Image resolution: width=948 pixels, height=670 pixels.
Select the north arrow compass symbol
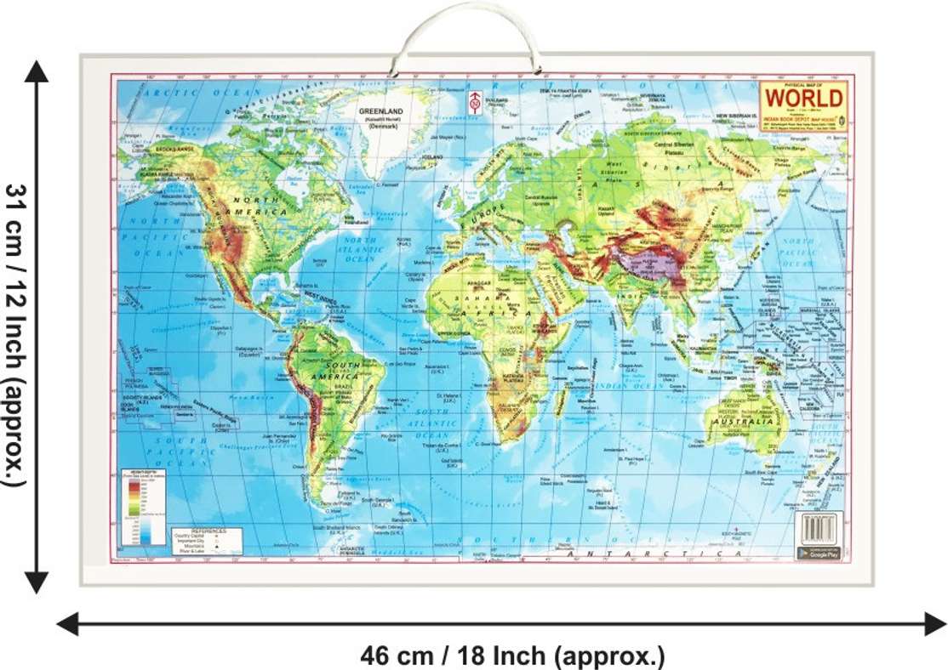(x=474, y=100)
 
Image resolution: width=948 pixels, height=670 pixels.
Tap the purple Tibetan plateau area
(x=651, y=266)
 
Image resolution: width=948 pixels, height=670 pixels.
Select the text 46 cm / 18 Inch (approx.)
(x=512, y=655)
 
